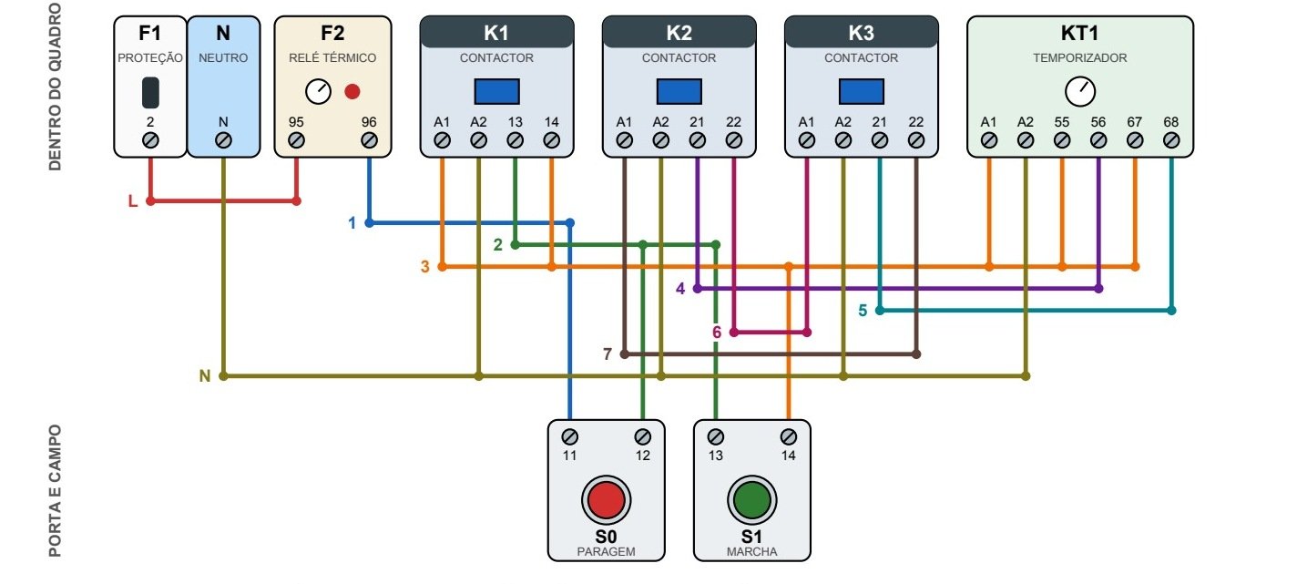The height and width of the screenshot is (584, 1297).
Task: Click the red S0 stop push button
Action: coord(606,499)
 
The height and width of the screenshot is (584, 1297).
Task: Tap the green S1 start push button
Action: coord(751,499)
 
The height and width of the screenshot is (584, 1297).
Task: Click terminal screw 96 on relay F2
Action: coord(369,140)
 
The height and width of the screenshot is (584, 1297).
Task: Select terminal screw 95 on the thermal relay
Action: coord(296,140)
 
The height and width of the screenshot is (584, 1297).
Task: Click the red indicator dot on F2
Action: coord(352,91)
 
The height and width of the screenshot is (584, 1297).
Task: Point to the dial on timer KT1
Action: coord(1080,91)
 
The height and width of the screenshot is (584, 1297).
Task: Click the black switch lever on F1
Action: coord(150,92)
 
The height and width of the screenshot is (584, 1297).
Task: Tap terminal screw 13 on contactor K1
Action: coord(515,140)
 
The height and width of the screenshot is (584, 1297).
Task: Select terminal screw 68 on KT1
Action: coord(1170,140)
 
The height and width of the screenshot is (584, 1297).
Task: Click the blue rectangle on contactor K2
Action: coord(679,91)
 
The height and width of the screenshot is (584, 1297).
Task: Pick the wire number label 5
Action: coord(863,311)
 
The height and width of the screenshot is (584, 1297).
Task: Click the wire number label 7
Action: coord(608,354)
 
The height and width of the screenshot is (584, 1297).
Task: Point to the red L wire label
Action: coord(133,201)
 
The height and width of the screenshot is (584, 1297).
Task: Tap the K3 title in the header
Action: coord(861,33)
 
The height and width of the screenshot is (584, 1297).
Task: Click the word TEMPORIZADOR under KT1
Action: coord(1080,58)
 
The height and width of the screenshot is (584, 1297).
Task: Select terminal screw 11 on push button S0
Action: coord(570,436)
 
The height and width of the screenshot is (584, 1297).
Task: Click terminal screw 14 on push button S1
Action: coord(788,436)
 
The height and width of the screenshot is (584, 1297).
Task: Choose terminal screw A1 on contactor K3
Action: coord(807,140)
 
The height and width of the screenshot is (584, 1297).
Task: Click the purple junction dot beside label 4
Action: coord(697,289)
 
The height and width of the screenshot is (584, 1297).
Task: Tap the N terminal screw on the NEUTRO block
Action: coord(223,140)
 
